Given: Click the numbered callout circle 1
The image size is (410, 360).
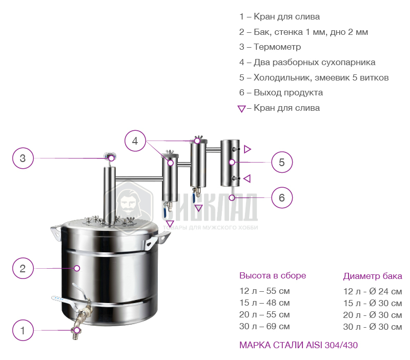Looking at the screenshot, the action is pos(23,330).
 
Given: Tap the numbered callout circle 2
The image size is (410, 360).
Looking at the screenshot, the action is pos(23,268).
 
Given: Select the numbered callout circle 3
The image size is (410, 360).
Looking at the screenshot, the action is pos(23,158).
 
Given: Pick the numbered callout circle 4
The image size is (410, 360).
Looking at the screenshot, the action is pos(135,141).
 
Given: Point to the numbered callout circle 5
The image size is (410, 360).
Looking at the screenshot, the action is pos(282,162).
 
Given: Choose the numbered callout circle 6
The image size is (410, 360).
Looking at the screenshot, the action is pos(282,197).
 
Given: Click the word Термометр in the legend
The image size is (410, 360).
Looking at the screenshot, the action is pos(277,47).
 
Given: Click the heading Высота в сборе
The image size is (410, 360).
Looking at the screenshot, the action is pos(273,275).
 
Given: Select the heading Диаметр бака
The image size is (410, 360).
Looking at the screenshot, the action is pos(373,276).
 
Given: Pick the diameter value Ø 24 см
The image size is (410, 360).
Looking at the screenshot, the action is pos(385,291).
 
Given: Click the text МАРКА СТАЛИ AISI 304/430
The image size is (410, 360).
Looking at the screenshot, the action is pos(298,345).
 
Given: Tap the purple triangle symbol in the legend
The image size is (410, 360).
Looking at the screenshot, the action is pos(241,109).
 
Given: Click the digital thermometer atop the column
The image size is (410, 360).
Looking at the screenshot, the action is pos(110,156).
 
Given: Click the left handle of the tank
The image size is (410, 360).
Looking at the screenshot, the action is pos(56,233).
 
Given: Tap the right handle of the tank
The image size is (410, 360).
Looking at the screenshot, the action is pos(156,240).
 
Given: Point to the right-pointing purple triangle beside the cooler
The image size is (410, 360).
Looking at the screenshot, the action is pos(248,149).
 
